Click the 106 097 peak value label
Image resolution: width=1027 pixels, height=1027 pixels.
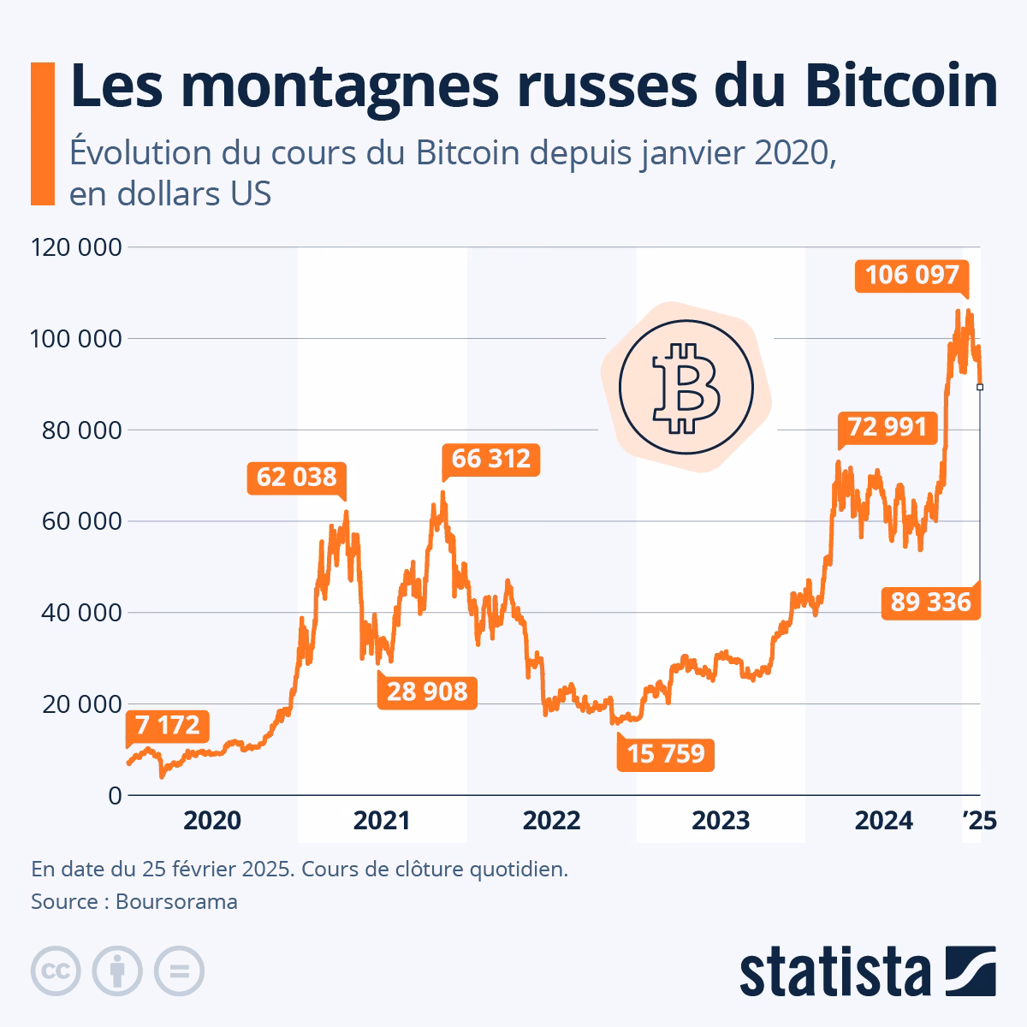pyautogui.click(x=911, y=276)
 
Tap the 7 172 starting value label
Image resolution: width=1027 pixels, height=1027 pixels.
pyautogui.click(x=167, y=726)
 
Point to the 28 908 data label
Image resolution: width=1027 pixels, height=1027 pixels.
pyautogui.click(x=427, y=691)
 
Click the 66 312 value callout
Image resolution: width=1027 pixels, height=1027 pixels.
pyautogui.click(x=490, y=460)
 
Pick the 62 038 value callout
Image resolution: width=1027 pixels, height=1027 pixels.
pyautogui.click(x=296, y=477)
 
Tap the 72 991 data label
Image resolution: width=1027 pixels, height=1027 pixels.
pyautogui.click(x=887, y=425)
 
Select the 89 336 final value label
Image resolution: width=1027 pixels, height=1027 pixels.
pyautogui.click(x=930, y=603)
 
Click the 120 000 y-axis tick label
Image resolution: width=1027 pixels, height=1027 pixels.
pyautogui.click(x=75, y=247)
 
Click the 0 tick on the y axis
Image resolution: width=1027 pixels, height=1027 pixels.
pyautogui.click(x=115, y=796)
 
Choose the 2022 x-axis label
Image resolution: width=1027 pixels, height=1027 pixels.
pyautogui.click(x=552, y=821)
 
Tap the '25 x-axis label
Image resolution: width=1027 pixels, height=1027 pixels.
pyautogui.click(x=979, y=821)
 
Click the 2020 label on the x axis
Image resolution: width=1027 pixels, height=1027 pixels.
pyautogui.click(x=212, y=821)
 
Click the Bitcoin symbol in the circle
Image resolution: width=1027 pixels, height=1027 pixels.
pyautogui.click(x=686, y=389)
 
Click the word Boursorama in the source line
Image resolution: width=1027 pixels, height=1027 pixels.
pyautogui.click(x=176, y=901)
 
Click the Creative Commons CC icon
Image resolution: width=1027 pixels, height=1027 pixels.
pyautogui.click(x=56, y=971)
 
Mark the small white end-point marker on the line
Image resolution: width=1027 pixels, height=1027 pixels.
pyautogui.click(x=980, y=387)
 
